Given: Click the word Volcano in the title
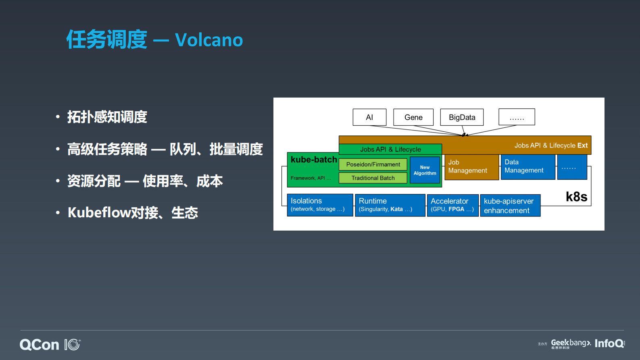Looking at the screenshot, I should click(209, 40).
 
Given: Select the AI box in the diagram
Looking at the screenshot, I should click(369, 117).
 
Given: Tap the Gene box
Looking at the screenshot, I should click(413, 117).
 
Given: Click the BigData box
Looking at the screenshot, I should click(462, 117).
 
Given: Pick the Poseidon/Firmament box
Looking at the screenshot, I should click(373, 164).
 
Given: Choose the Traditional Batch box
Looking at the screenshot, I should click(373, 178).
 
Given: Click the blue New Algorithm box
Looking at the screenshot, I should click(425, 170).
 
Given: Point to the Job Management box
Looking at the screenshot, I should click(471, 166).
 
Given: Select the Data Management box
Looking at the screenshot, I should click(527, 166).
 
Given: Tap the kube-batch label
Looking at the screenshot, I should click(314, 160).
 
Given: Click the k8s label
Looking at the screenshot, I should click(576, 197).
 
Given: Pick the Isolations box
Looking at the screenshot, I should click(320, 205).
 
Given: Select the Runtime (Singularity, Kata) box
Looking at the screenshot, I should click(390, 205).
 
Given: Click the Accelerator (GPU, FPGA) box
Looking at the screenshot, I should click(452, 205).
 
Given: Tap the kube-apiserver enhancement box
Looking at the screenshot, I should click(510, 206).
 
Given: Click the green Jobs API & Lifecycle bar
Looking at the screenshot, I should click(390, 149).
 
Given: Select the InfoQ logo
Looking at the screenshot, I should click(609, 343).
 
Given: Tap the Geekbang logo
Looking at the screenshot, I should click(570, 343).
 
